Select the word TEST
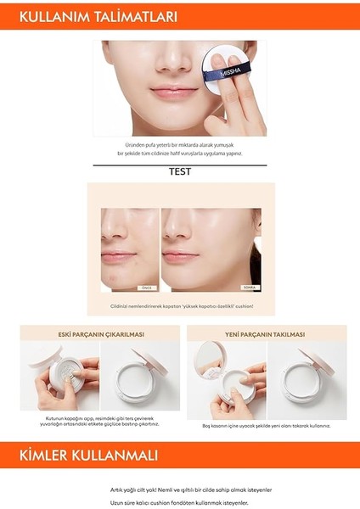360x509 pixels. [x=180, y=171]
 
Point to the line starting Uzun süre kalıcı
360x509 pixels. [x=180, y=502]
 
